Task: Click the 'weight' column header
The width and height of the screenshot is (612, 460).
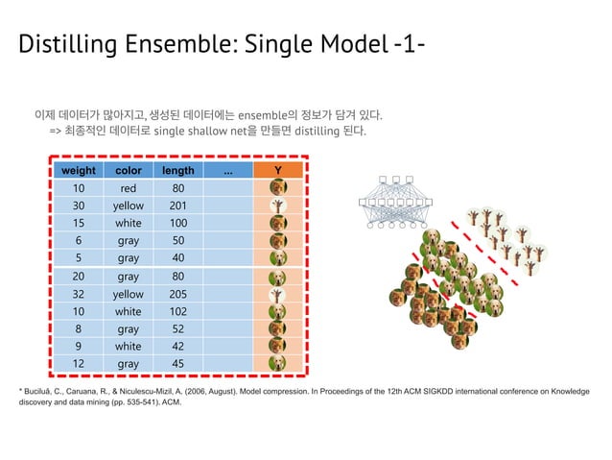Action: tap(79, 171)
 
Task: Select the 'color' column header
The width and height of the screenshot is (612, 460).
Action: tap(128, 171)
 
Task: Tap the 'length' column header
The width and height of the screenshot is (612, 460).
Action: tap(178, 171)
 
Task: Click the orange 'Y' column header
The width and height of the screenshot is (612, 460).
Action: tap(277, 171)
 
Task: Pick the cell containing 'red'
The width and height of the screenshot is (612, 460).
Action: tap(128, 189)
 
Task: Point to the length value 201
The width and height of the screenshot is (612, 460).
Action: tap(178, 206)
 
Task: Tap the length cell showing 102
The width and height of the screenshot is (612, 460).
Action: tap(178, 312)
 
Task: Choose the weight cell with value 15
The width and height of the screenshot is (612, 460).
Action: tap(79, 224)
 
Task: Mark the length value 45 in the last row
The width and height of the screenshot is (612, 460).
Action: tap(178, 364)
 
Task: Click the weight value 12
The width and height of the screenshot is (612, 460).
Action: tap(79, 364)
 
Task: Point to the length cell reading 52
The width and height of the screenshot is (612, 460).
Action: tap(178, 329)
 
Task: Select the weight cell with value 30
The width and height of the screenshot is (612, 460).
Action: tap(79, 206)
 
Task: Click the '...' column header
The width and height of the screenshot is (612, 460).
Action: tap(227, 171)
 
